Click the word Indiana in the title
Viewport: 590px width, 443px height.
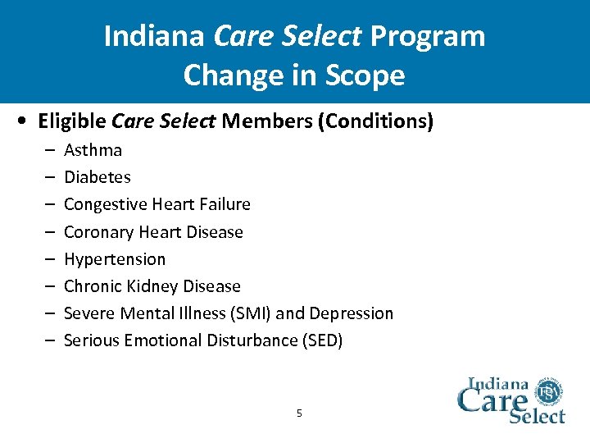click(155, 36)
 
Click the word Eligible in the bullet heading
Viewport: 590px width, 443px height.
click(72, 121)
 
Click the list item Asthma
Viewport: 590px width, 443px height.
click(93, 150)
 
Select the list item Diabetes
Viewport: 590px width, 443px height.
click(97, 177)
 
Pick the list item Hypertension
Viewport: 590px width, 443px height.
click(114, 259)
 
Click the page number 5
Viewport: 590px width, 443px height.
click(299, 413)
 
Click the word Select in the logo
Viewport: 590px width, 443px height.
click(537, 415)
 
